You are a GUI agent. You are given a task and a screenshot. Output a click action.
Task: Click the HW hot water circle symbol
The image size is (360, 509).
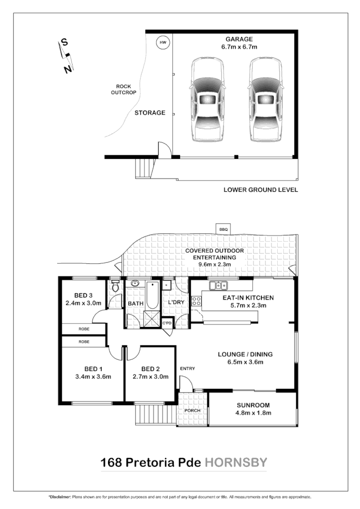coord(163,42)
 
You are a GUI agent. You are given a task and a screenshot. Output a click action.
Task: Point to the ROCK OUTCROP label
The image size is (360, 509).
coord(124,89)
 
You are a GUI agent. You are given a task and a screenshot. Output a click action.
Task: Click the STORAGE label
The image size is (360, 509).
coord(150,113)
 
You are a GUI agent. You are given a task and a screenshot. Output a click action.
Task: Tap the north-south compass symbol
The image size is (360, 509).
coord(66,56)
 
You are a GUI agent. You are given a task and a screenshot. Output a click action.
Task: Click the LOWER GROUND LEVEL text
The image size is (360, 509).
coord(261,190)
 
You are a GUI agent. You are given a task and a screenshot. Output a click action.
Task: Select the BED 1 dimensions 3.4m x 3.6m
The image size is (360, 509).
coord(93,376)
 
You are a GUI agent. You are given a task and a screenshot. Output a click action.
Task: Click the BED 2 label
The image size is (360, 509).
coord(152,368)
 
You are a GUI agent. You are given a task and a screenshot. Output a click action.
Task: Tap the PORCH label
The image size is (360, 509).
coord(192,410)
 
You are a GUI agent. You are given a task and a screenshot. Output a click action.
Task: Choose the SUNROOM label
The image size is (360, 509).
coord(254,405)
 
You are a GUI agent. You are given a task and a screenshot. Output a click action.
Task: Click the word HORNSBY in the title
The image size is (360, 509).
coord(236,462)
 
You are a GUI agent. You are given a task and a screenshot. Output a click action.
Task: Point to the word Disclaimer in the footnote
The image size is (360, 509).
coord(60,498)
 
